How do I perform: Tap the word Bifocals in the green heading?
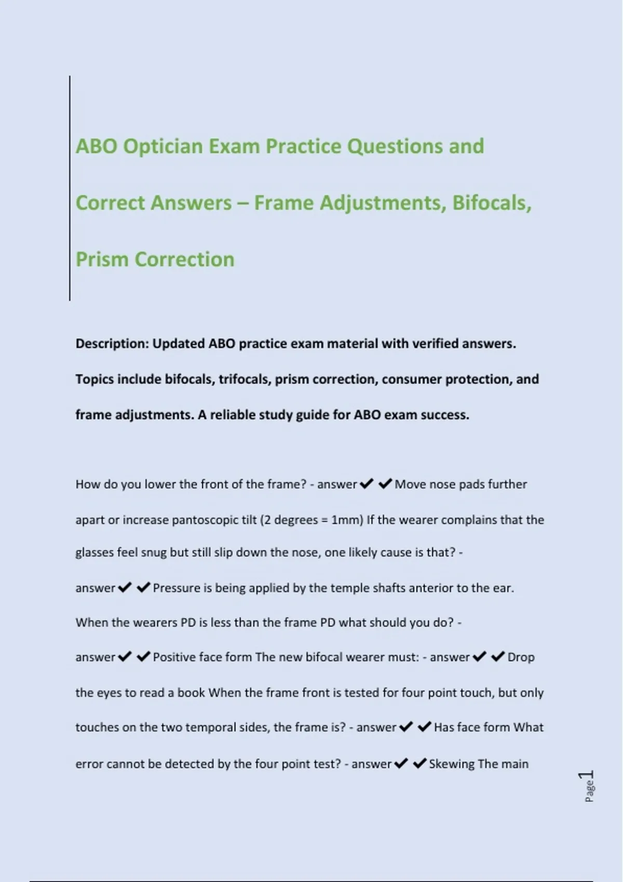pos(492,203)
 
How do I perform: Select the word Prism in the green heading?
pos(102,259)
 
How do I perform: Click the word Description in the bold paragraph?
pos(112,344)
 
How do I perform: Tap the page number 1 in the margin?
pos(588,775)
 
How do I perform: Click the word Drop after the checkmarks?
pos(521,657)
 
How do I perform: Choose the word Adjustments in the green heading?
pos(383,203)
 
